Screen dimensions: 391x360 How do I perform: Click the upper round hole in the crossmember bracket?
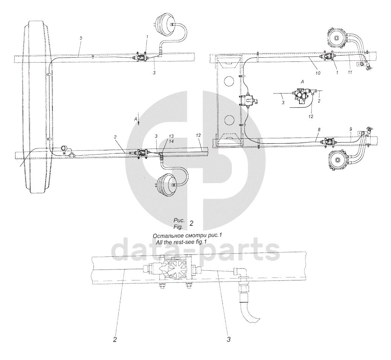point(228,81)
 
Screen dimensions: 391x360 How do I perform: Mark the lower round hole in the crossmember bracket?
point(228,121)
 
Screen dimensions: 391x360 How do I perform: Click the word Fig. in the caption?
point(178,227)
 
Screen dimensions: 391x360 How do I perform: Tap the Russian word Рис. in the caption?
point(178,221)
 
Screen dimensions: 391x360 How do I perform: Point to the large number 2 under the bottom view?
point(115,339)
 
